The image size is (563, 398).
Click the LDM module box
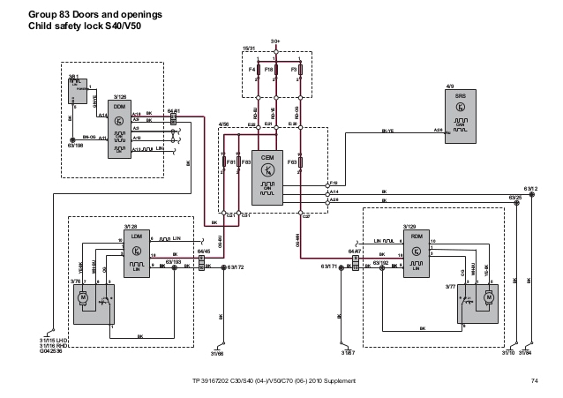pyautogui.click(x=134, y=256)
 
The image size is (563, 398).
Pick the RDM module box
pyautogui.click(x=415, y=256)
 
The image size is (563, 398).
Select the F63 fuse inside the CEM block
pyautogui.click(x=300, y=162)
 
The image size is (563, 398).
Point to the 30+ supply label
pyautogui.click(x=275, y=41)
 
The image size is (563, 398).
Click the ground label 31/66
pyautogui.click(x=217, y=355)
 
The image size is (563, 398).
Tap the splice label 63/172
pyautogui.click(x=235, y=267)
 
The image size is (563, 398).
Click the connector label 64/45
pyautogui.click(x=203, y=251)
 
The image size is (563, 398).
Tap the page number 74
pyautogui.click(x=534, y=380)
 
